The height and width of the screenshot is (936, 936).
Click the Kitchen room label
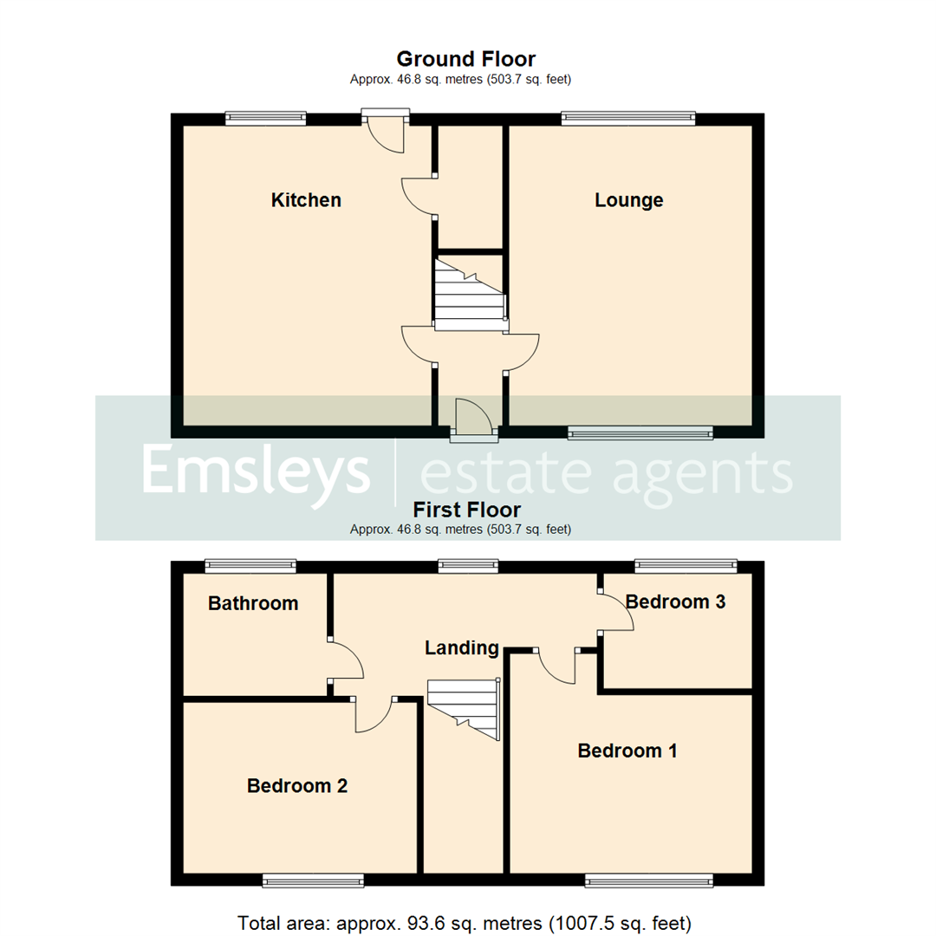[306, 200]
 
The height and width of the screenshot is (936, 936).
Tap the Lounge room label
[628, 200]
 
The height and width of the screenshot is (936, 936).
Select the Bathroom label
[253, 603]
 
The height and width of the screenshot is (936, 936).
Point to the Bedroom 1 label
[627, 751]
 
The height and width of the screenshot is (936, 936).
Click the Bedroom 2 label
[297, 786]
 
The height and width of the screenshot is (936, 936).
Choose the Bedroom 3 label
[675, 601]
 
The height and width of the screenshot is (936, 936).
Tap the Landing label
[462, 647]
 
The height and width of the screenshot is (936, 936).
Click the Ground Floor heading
[465, 59]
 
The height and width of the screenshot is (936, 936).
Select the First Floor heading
[466, 509]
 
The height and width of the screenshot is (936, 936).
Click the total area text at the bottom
[464, 922]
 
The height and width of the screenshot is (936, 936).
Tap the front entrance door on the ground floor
[471, 417]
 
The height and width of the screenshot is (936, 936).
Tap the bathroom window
[251, 567]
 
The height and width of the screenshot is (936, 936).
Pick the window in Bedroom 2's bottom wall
[313, 881]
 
